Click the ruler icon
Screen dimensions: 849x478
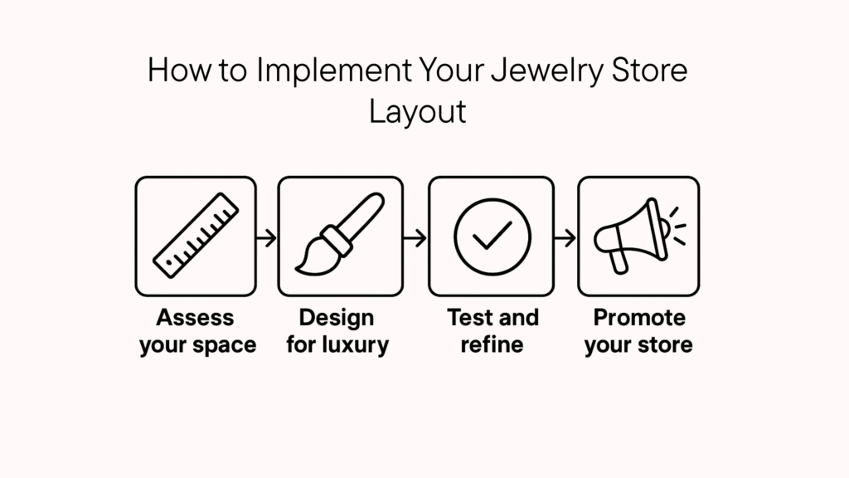[196, 235]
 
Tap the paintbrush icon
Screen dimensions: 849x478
[340, 233]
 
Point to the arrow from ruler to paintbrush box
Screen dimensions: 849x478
[266, 238]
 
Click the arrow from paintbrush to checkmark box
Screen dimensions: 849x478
[415, 238]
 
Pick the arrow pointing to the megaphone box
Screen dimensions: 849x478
[565, 238]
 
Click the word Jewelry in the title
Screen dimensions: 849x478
[547, 71]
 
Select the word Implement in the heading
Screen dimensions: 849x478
[334, 71]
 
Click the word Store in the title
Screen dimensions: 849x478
[649, 71]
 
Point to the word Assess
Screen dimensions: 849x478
[195, 318]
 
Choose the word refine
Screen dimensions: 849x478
[492, 344]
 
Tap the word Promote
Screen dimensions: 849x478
[639, 318]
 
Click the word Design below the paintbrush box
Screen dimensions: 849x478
[337, 318]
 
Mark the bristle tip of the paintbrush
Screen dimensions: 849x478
[297, 269]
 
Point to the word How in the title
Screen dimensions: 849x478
[179, 71]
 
